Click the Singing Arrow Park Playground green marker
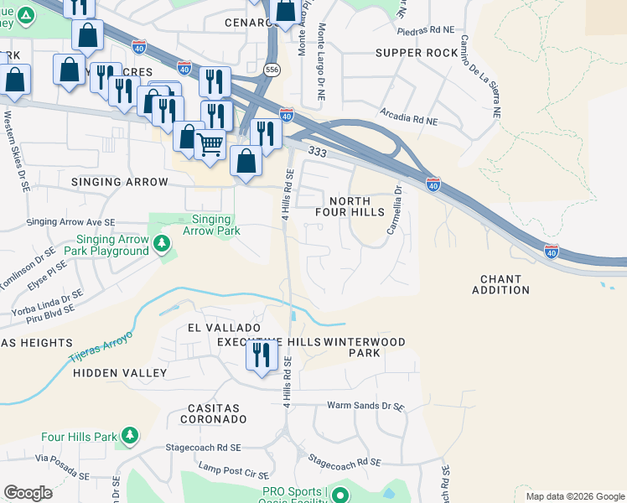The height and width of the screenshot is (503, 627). tap(163, 244)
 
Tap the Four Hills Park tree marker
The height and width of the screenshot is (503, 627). tap(128, 436)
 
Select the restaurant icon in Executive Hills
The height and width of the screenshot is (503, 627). tap(262, 356)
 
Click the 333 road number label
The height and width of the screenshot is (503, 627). tap(317, 152)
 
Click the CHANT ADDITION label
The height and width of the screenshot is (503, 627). tap(500, 284)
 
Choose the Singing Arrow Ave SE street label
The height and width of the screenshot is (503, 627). tap(75, 222)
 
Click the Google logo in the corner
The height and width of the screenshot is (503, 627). tap(28, 493)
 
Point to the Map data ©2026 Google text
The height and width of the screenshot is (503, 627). tap(574, 496)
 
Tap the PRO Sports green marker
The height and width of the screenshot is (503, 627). tap(340, 495)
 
